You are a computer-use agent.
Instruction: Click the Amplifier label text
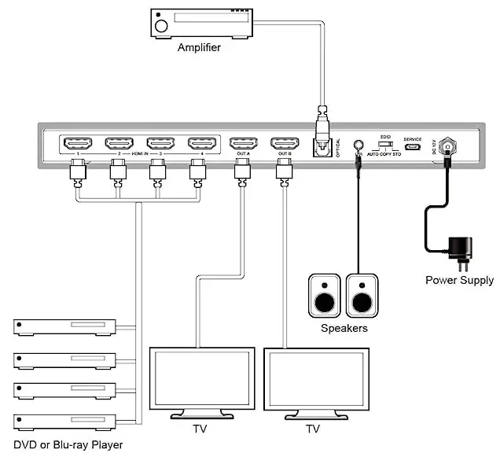pos(199,47)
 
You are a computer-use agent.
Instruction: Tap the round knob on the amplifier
pos(162,26)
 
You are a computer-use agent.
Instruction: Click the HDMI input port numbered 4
pos(202,144)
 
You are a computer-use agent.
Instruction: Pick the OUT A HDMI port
pos(243,144)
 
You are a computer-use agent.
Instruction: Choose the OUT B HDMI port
pos(284,144)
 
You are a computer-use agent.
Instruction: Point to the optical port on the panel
pos(321,147)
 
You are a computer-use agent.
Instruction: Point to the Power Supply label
pos(459,280)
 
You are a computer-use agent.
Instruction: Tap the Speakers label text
pos(344,328)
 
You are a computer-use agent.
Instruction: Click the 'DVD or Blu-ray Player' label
pos(68,445)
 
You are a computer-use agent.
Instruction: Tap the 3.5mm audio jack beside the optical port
pos(358,147)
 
